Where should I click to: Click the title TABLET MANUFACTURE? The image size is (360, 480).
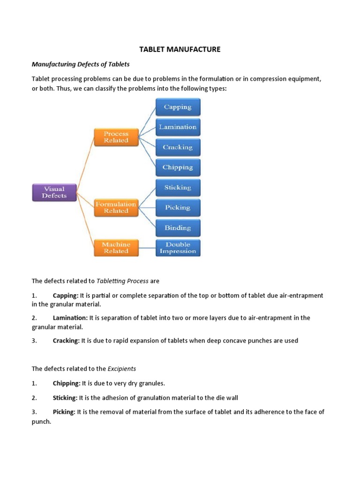coord(180,49)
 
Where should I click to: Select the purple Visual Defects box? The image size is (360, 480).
coord(54,192)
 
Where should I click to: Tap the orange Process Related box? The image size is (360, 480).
coord(116,137)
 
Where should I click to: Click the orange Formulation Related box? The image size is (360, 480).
coord(116,207)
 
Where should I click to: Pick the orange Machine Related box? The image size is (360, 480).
coord(116,247)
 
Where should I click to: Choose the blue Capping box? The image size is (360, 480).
coord(177,107)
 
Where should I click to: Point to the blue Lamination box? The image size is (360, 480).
coord(177,127)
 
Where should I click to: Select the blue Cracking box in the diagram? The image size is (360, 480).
coord(177,147)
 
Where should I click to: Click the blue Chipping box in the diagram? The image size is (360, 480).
coord(177,167)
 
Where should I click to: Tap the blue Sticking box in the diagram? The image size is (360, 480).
coord(177,187)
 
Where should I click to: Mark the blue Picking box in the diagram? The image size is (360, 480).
coord(177,208)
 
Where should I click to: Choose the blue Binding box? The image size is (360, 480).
coord(177,228)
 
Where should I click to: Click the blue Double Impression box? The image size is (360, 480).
coord(177,247)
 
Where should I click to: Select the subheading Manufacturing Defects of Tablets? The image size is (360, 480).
coord(81,64)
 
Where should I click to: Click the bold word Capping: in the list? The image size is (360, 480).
coord(66,296)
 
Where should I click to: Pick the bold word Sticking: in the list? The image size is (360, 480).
coord(65,398)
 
